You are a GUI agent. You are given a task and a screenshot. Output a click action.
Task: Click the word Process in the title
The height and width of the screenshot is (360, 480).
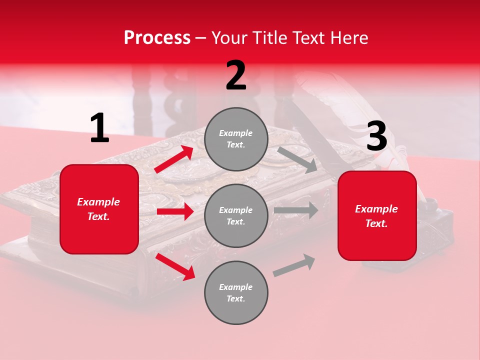point(157,37)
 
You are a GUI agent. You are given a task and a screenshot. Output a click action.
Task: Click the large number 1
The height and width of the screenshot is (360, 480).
point(99,128)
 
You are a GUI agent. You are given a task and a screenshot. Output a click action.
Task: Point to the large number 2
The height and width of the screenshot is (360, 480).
point(236,75)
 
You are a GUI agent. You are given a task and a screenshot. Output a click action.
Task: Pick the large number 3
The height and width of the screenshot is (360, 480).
point(376,136)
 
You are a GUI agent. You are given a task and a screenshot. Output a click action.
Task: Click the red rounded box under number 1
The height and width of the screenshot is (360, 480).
point(99,209)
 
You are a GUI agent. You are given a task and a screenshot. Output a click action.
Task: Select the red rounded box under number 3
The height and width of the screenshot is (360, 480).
point(377,215)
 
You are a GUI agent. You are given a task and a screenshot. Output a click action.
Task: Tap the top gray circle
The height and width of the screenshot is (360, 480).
point(236,139)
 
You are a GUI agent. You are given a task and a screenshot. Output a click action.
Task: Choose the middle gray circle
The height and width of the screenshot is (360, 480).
point(236,215)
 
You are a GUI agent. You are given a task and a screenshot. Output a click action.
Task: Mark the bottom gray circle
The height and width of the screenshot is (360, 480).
point(236,292)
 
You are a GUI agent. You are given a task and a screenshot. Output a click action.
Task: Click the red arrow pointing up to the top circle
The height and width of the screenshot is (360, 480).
point(174,159)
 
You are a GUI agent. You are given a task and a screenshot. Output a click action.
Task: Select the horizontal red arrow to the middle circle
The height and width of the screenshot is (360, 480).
point(175,211)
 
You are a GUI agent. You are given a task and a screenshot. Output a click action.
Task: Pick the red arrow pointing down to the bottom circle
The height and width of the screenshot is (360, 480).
point(175,266)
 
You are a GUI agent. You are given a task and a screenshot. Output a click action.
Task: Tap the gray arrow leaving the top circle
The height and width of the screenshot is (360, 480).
point(297,159)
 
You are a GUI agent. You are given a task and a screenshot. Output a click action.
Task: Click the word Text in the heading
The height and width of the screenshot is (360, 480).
point(310,37)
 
